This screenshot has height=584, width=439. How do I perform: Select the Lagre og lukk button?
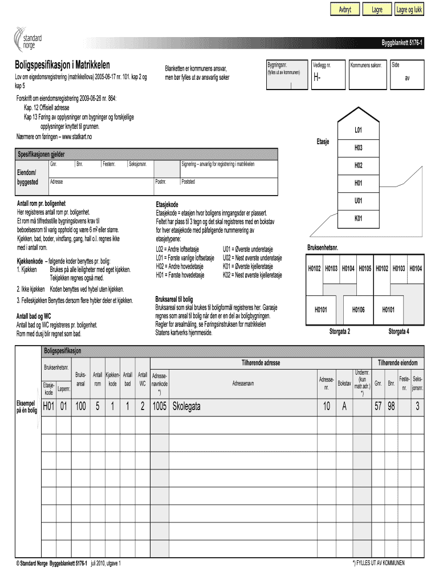coord(409,10)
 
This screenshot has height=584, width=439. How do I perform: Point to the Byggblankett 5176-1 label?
coord(402,44)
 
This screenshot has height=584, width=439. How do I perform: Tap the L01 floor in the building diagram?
coord(358,131)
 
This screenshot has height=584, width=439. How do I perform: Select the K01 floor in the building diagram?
coord(358,218)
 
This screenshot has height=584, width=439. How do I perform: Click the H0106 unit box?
coord(357,310)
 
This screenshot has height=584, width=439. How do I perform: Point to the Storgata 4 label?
coord(399,331)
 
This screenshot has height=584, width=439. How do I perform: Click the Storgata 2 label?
coord(340,331)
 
